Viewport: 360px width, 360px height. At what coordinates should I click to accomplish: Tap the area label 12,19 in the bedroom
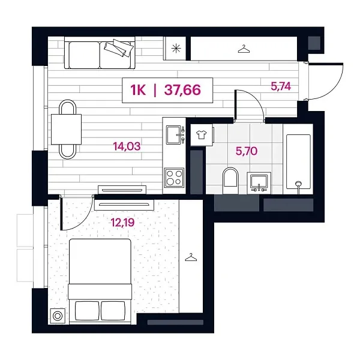pyautogui.click(x=122, y=223)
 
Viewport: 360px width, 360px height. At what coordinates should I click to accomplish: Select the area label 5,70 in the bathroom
pyautogui.click(x=247, y=151)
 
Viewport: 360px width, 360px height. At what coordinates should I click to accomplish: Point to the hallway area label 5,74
pyautogui.click(x=281, y=86)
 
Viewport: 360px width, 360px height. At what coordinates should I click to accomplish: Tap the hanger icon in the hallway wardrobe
pyautogui.click(x=243, y=49)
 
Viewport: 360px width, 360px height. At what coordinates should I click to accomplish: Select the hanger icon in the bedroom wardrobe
pyautogui.click(x=191, y=257)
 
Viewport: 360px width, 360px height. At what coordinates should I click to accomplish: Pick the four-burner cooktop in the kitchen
pyautogui.click(x=174, y=178)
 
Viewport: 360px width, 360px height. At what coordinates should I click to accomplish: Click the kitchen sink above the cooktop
pyautogui.click(x=174, y=136)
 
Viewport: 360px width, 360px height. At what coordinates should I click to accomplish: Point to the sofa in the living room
pyautogui.click(x=99, y=53)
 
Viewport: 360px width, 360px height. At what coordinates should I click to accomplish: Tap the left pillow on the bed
pyautogui.click(x=86, y=311)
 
